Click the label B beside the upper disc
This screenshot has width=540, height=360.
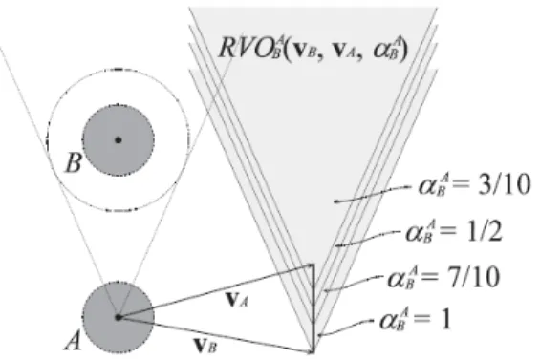pyautogui.click(x=74, y=162)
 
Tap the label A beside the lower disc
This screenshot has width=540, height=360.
pyautogui.click(x=74, y=342)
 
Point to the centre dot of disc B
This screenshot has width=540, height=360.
pyautogui.click(x=119, y=140)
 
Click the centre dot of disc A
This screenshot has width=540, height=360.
pyautogui.click(x=119, y=317)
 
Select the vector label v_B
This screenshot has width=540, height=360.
pyautogui.click(x=205, y=346)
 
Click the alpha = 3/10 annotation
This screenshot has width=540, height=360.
pyautogui.click(x=474, y=186)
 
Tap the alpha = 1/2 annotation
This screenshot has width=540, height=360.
pyautogui.click(x=454, y=232)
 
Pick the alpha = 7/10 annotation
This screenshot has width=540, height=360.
pyautogui.click(x=443, y=277)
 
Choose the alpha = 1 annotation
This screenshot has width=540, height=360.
pyautogui.click(x=415, y=320)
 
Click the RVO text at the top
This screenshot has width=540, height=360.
pyautogui.click(x=313, y=48)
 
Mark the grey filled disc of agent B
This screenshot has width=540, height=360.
pyautogui.click(x=119, y=140)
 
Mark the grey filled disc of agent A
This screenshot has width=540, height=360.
pyautogui.click(x=119, y=317)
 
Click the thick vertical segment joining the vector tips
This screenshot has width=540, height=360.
pyautogui.click(x=313, y=308)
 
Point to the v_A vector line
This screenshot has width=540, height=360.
pyautogui.click(x=216, y=291)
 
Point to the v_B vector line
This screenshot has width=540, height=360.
pyautogui.click(x=216, y=334)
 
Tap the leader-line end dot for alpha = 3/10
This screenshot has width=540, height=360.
pyautogui.click(x=335, y=201)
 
